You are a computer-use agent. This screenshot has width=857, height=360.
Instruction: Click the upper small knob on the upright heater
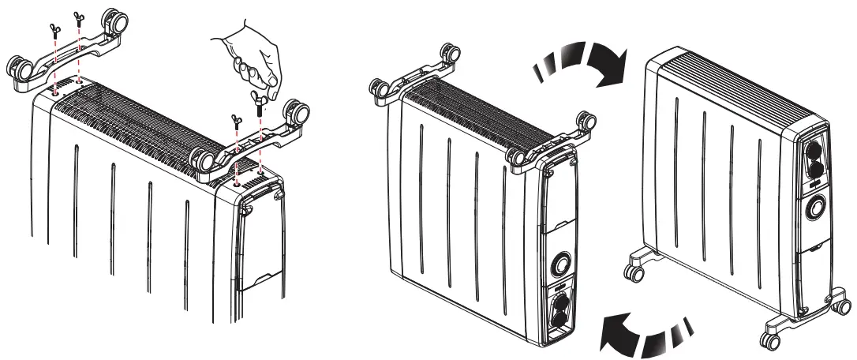[x=813, y=152]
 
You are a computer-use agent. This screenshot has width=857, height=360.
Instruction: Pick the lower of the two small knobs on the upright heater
[x=814, y=175]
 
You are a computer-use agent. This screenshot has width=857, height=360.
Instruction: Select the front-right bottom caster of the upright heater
[x=767, y=339]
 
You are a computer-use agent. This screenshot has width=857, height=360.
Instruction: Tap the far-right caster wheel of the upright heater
[x=842, y=305]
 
